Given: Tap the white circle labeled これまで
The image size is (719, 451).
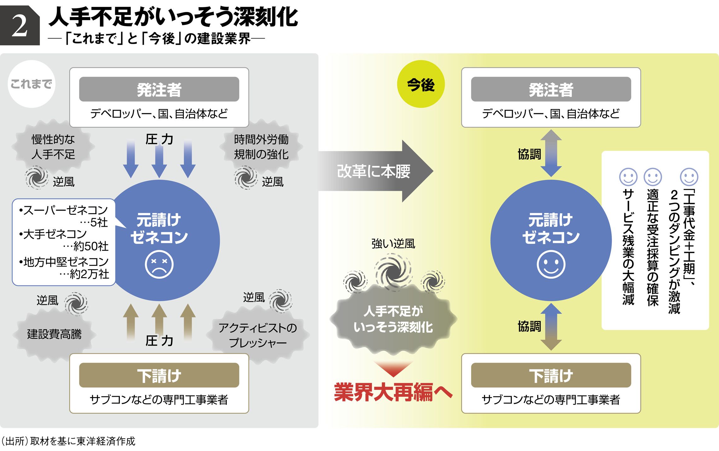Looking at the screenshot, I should pos(31,84).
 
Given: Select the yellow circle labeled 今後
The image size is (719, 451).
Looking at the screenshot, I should pos(421,84).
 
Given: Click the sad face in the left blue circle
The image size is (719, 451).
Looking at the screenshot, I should pos(159,264).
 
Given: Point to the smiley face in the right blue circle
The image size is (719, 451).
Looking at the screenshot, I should pos(551,264).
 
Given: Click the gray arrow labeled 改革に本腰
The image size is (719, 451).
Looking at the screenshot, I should pos(375,171).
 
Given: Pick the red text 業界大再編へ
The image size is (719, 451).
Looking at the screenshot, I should pos(393,392).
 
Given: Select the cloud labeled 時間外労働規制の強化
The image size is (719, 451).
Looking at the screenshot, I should pos(261,147).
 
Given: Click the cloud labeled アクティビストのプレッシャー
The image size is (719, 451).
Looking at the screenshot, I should pos(258,335).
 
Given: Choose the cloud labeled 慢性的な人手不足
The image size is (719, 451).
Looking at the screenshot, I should pos(53,147).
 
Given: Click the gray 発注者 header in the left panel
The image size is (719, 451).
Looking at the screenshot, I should pos(159,89).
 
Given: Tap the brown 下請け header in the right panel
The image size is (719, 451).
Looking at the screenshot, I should pos(551,375).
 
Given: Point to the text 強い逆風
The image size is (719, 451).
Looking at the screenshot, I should pos(393,243).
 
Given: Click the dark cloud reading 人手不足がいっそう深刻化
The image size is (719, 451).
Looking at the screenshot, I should pos(393,319).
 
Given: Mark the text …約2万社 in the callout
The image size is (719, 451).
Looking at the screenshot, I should pos(85,274).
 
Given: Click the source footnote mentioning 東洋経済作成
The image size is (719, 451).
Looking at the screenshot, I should pos(68,441).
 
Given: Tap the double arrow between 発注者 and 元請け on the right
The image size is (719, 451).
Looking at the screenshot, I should pos(551,153).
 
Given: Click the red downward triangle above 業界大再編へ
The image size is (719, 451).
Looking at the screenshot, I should pos(393,368).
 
